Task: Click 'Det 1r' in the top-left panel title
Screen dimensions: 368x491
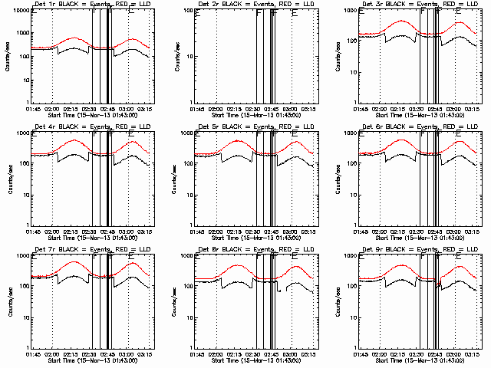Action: [x=43, y=5]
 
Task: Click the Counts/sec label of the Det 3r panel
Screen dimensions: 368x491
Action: [x=341, y=58]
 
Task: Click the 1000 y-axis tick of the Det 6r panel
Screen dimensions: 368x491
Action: [x=352, y=133]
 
